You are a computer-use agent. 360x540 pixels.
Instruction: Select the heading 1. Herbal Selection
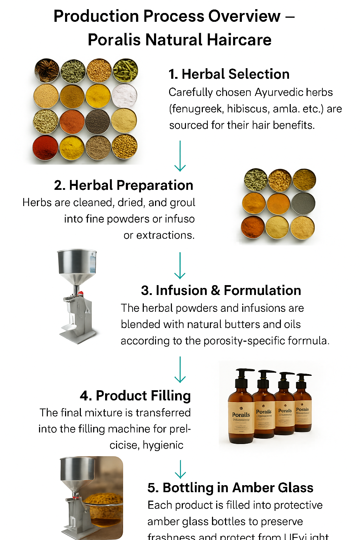[229, 74]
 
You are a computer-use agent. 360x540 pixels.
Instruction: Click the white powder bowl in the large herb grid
[124, 95]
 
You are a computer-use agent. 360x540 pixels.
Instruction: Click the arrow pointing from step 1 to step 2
[180, 156]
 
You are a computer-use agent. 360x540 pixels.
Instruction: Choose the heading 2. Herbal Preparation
[123, 185]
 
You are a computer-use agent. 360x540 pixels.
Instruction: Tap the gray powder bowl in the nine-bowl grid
[303, 203]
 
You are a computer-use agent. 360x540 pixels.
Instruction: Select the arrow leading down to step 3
[180, 265]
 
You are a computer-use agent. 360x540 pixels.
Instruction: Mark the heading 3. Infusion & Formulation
[221, 290]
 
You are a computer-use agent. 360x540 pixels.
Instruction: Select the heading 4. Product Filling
[135, 396]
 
